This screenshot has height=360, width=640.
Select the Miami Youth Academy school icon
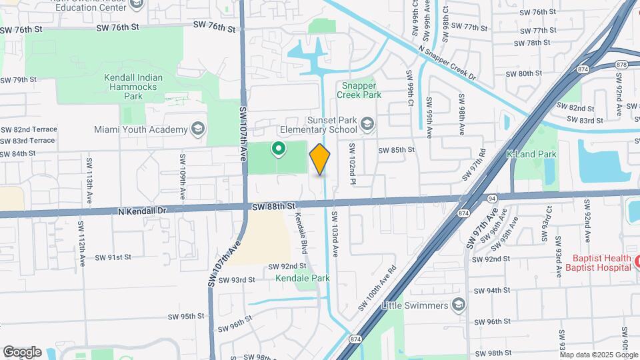pos(197,129)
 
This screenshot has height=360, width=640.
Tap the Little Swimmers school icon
pos(457,305)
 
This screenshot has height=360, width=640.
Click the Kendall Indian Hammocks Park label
pos(133,87)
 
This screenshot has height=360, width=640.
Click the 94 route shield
pos(492,198)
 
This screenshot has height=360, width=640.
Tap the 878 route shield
pos(621,64)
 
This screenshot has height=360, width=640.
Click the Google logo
pos(22,351)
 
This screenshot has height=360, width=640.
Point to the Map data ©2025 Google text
pos(596,355)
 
